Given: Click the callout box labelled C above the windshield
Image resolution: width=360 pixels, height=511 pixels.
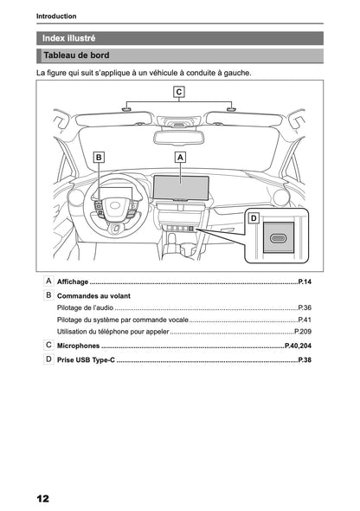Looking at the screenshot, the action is click(x=178, y=92).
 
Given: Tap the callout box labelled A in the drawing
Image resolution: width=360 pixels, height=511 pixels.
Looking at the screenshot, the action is click(x=180, y=158).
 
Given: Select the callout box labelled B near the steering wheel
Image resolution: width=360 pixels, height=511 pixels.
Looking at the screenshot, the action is click(x=99, y=158).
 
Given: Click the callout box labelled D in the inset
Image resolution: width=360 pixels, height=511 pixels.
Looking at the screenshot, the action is click(x=254, y=218).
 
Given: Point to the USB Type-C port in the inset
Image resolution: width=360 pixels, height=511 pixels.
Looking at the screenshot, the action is click(x=279, y=238).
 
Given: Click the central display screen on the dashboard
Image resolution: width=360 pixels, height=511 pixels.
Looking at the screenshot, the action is click(x=181, y=187).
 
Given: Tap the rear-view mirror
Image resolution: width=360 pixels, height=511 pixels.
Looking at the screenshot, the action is click(x=178, y=137).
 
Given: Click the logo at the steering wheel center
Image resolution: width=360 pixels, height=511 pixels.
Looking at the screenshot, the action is click(x=114, y=205).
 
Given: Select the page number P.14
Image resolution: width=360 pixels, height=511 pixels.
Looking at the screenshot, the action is click(x=305, y=281).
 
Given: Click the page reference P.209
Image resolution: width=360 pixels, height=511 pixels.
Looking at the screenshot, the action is click(x=303, y=332).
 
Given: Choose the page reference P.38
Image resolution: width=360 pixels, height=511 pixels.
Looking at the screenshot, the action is click(x=305, y=360).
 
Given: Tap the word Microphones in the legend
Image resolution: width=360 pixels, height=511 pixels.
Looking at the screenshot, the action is click(x=78, y=346).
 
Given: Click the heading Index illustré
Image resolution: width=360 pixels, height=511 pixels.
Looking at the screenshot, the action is click(x=68, y=38).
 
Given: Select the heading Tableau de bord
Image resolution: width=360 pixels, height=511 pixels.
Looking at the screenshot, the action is click(x=76, y=55).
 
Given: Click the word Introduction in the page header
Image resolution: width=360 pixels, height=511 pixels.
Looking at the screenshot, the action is click(x=56, y=16).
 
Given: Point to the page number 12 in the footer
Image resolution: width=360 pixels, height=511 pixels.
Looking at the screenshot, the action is click(x=42, y=499).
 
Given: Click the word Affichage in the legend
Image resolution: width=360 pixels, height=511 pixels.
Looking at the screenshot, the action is click(x=73, y=281).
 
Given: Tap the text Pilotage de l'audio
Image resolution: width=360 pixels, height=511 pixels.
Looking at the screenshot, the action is click(x=85, y=307).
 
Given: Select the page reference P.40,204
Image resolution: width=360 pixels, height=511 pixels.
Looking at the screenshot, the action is click(x=299, y=346).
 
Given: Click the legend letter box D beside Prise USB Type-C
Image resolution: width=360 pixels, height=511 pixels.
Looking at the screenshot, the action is click(x=48, y=359).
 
